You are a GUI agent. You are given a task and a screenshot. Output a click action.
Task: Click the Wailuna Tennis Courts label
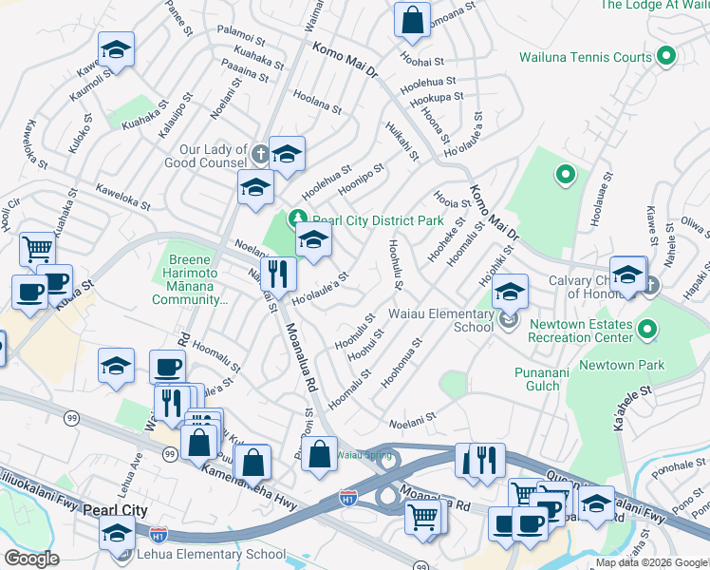point(586,57)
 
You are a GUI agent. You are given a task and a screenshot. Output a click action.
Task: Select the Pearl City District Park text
point(378,220)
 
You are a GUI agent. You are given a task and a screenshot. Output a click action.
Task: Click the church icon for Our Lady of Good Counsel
point(262,151)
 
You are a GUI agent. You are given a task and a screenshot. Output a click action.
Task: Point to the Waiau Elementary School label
point(440,320)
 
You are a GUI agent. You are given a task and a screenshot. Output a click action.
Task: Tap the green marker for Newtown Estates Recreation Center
point(647,330)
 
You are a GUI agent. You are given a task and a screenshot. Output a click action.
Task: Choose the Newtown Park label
point(621,365)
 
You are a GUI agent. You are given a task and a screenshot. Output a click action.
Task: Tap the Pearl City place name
point(115,510)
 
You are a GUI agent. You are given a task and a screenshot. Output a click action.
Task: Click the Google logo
point(31,559)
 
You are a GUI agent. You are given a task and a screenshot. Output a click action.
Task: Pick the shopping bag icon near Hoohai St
point(412,20)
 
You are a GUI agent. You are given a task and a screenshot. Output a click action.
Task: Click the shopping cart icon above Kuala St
point(37,249)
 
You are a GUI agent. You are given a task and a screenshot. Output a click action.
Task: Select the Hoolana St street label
point(316,98)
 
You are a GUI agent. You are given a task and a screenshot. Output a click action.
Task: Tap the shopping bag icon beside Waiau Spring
point(321,454)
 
